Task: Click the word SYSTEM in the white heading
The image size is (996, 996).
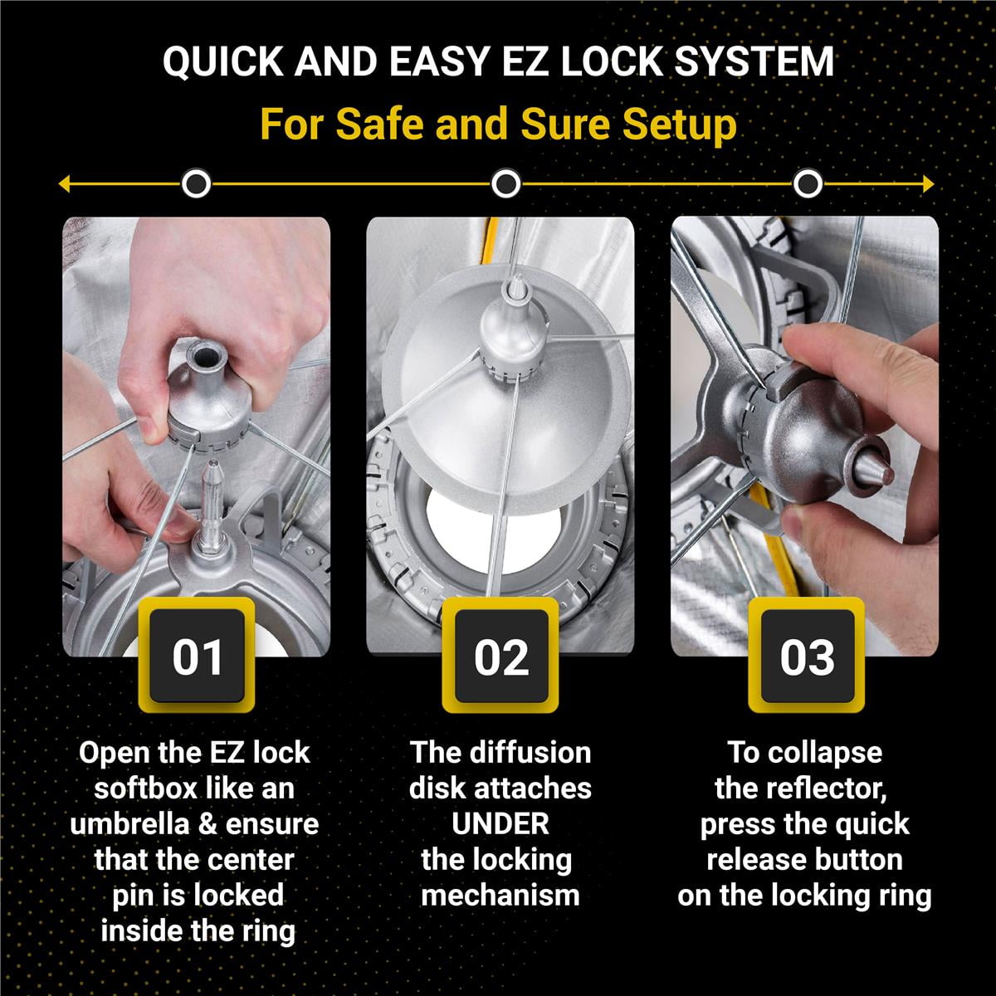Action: (x=754, y=62)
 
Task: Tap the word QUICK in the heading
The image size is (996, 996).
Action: (x=222, y=62)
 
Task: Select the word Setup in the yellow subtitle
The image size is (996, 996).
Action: (x=680, y=125)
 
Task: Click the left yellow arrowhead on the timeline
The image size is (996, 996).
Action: (x=65, y=184)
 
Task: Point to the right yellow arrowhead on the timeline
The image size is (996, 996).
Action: (x=928, y=184)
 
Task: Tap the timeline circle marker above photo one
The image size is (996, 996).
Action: (x=197, y=183)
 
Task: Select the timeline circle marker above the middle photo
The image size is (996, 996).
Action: (x=506, y=183)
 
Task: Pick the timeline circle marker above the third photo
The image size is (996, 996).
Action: (x=808, y=183)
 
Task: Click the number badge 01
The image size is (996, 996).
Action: (x=197, y=656)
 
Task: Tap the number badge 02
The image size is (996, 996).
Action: (x=500, y=656)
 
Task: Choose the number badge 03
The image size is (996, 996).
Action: (x=807, y=656)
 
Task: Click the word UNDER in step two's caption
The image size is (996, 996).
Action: (x=500, y=823)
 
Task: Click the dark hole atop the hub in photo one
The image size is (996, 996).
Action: (x=206, y=356)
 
